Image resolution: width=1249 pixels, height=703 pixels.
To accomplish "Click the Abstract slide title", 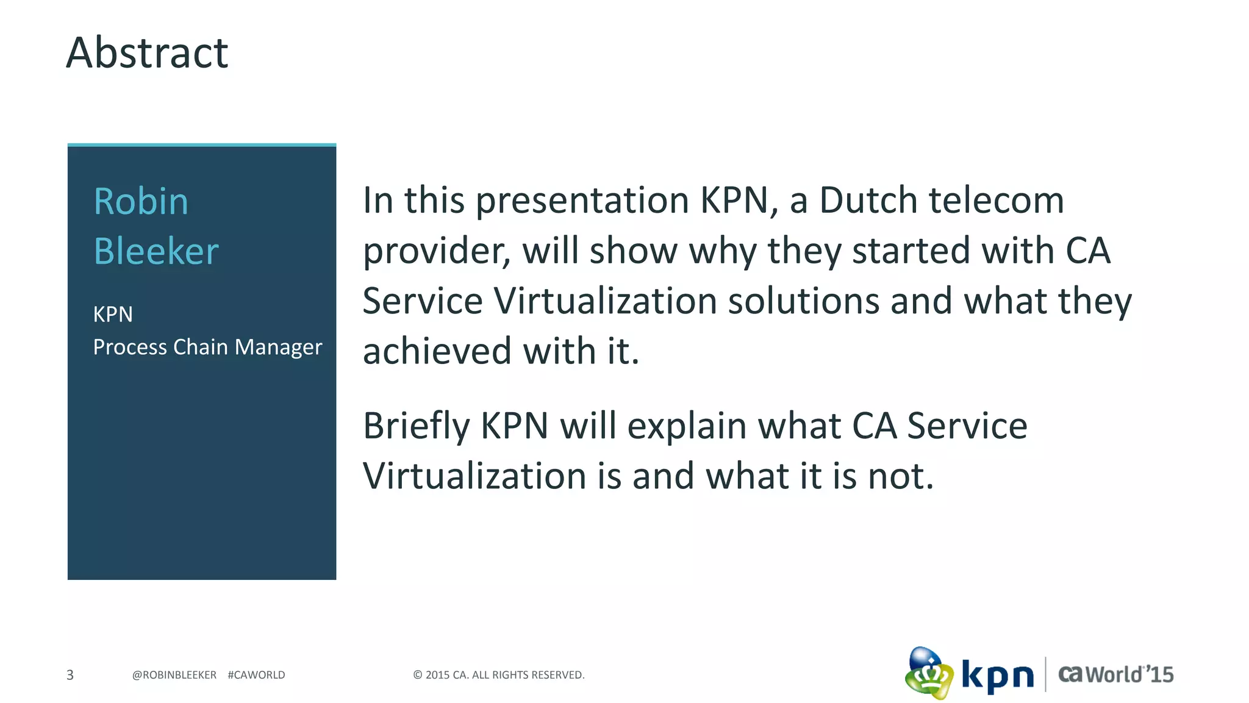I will pos(147,53).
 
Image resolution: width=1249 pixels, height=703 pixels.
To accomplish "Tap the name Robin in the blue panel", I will pos(141,202).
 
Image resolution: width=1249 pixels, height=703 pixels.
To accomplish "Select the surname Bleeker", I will pos(156,251).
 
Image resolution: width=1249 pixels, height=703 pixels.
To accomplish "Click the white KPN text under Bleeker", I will pos(113,315).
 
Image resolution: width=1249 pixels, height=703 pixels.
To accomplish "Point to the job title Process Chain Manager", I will pos(207,347).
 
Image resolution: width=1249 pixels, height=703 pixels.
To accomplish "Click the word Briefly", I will pos(416,426).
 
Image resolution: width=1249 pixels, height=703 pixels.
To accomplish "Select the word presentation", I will pos(582,201).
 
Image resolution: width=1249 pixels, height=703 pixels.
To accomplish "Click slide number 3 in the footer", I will pos(70,675).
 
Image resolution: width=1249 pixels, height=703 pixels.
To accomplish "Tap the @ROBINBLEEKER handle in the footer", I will pos(174,675).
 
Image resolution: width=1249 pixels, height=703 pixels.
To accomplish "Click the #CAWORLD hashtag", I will pos(256,675).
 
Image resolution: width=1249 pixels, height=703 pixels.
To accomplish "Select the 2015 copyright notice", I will pos(498,675).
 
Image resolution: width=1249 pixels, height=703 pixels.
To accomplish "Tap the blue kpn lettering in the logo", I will pos(997,676).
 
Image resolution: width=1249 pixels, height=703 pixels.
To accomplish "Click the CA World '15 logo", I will pos(1115,674).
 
